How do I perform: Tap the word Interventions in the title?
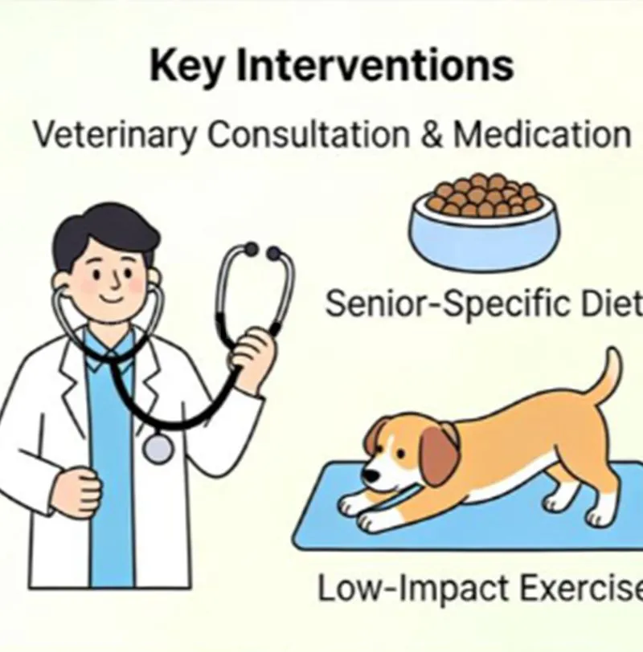pyautogui.click(x=369, y=67)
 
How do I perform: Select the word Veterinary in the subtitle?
pyautogui.click(x=114, y=134)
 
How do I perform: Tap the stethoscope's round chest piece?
pyautogui.click(x=158, y=448)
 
